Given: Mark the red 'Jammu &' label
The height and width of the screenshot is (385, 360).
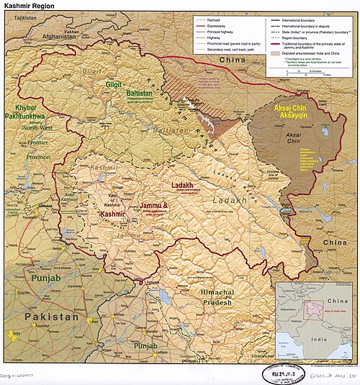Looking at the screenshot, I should (x=154, y=207).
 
